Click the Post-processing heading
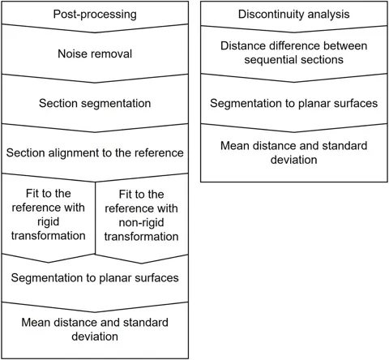click(95, 15)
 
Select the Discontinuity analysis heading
click(293, 14)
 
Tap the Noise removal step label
click(95, 54)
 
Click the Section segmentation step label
click(95, 103)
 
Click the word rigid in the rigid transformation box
click(48, 222)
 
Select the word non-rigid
click(141, 222)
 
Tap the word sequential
click(271, 60)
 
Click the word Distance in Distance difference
click(242, 45)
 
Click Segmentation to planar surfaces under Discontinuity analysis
click(293, 103)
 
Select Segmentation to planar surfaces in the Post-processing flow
click(95, 278)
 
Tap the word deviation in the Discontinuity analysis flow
click(293, 160)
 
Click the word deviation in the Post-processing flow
click(95, 336)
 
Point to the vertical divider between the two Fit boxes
click(96, 218)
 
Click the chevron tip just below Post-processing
click(95, 32)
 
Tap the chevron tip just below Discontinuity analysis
click(293, 32)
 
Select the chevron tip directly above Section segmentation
click(95, 83)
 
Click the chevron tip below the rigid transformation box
click(49, 262)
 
